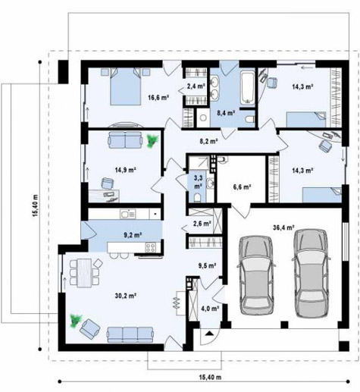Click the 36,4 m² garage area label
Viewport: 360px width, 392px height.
(x=283, y=227)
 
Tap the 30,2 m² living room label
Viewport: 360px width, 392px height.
(x=126, y=296)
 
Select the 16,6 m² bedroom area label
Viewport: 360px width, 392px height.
(x=158, y=97)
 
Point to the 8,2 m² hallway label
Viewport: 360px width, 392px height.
(x=209, y=141)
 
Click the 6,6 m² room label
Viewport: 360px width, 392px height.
(x=242, y=187)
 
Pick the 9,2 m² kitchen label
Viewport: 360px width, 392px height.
(x=133, y=235)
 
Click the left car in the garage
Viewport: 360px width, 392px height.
(x=256, y=275)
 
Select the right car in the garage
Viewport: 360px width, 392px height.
(x=311, y=273)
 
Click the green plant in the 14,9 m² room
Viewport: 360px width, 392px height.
(x=152, y=140)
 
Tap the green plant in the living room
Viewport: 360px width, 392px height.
(x=76, y=321)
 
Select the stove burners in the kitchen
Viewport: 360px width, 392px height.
(x=150, y=247)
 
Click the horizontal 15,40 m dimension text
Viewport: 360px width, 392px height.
(x=210, y=378)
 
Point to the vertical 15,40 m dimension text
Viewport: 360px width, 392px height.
(x=35, y=205)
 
